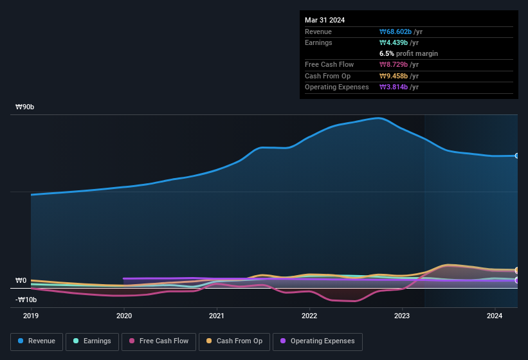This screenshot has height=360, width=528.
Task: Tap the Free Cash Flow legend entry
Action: pos(158,341)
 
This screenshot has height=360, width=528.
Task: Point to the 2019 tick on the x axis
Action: pos(31,316)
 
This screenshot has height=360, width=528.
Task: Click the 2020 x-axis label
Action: pos(123,316)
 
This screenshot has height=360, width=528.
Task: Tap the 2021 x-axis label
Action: pos(217,316)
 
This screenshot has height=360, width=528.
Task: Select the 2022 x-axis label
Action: pos(309,316)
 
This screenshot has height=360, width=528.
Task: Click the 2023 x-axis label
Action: pos(402,316)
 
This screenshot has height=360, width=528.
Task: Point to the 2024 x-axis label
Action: pos(495,316)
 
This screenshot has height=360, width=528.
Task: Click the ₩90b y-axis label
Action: pos(25,107)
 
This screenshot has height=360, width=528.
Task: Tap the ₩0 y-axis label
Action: pos(21,281)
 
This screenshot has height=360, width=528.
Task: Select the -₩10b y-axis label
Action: pos(26,300)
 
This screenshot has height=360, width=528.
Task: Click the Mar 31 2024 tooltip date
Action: pos(325,20)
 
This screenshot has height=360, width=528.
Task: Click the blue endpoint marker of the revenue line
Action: pos(516,156)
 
